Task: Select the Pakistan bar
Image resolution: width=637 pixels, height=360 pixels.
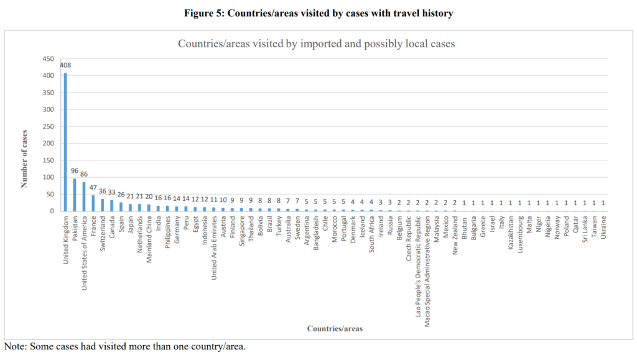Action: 75,195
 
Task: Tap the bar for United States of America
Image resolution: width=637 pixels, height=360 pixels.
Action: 84,196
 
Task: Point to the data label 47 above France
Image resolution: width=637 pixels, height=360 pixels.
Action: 93,187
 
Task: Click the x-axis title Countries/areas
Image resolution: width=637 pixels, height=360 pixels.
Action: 335,328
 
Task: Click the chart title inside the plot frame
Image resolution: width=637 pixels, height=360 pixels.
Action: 317,44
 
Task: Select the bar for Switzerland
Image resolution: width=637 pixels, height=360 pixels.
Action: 103,205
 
